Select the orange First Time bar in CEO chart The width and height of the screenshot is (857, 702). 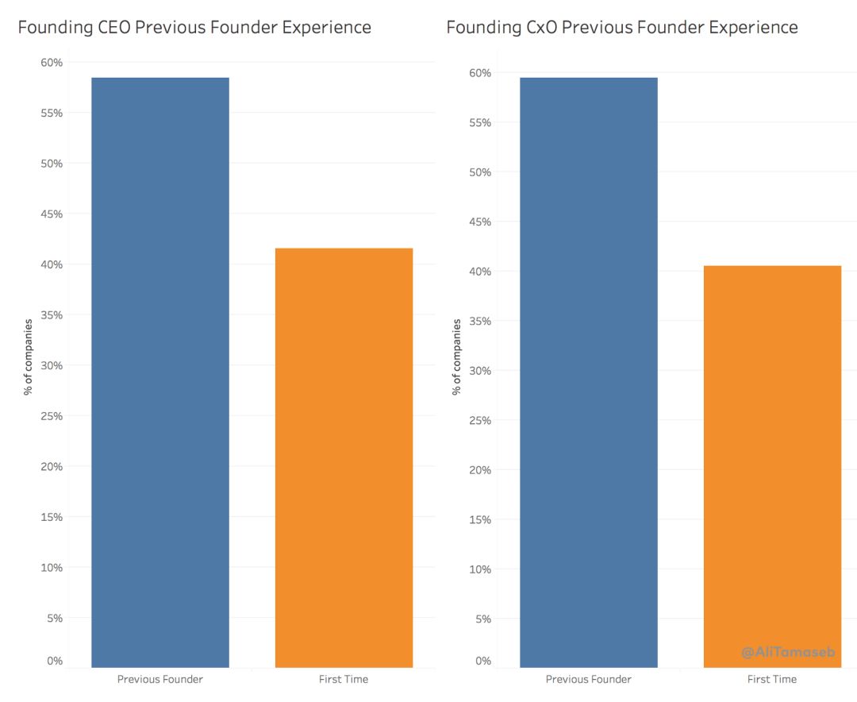[344, 457]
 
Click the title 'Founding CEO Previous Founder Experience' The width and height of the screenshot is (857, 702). [194, 28]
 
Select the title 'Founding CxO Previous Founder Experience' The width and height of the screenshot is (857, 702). [622, 28]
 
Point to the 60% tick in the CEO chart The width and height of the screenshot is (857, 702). [52, 63]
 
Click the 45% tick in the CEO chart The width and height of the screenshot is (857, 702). [52, 214]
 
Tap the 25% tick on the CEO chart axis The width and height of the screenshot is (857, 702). [52, 416]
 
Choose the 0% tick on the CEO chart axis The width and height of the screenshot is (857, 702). [54, 661]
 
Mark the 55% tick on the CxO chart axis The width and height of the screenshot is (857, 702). [479, 123]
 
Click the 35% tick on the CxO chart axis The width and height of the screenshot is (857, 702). [479, 322]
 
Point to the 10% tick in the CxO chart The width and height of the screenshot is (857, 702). [479, 569]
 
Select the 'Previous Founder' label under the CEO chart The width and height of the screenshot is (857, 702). [160, 680]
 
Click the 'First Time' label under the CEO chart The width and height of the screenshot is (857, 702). [344, 680]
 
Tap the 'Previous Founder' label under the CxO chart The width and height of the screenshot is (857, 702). [589, 680]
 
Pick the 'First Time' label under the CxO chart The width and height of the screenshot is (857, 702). [772, 680]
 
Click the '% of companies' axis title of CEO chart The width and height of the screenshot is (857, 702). [29, 357]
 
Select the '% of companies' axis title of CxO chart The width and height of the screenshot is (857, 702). [457, 357]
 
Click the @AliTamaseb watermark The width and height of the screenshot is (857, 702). [788, 652]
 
